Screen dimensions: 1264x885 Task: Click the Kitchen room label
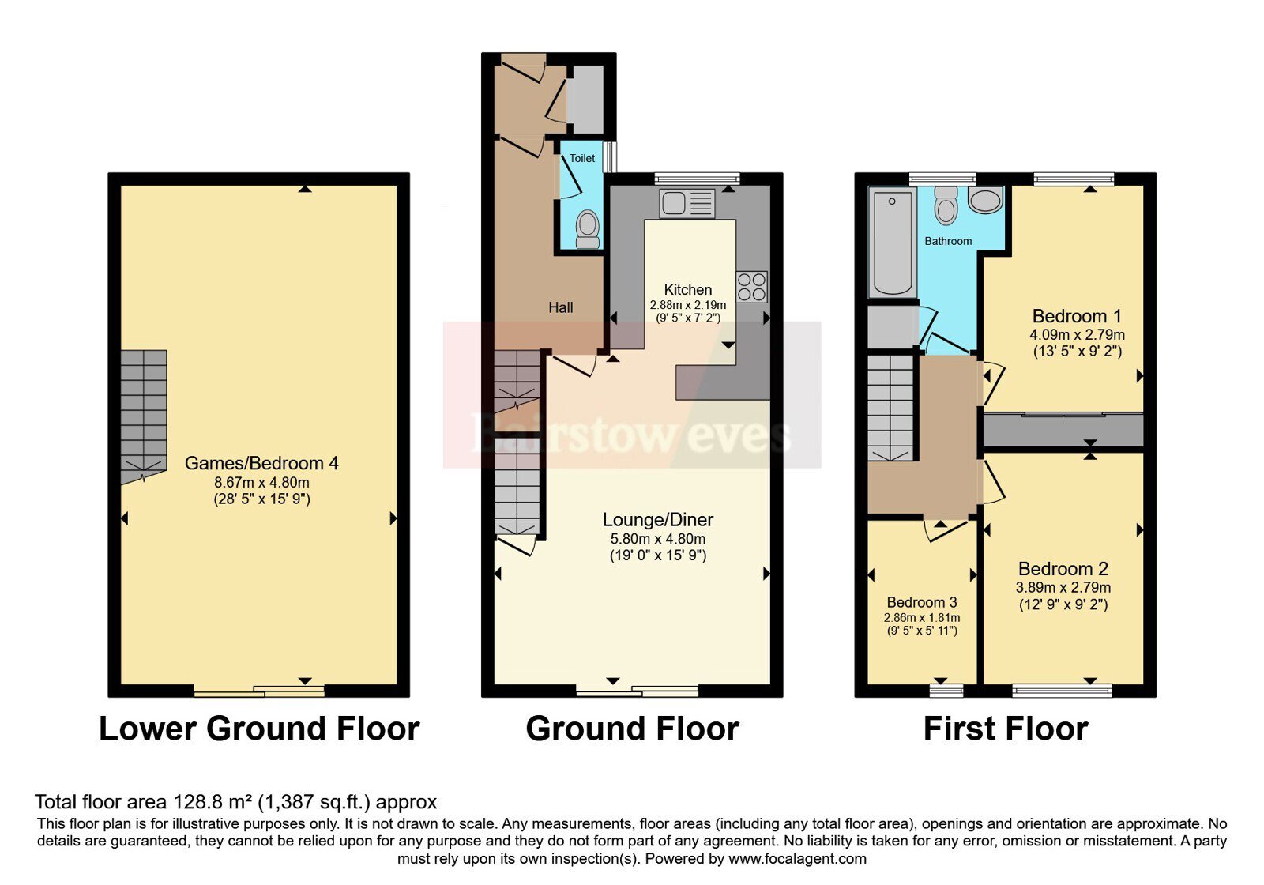point(687,289)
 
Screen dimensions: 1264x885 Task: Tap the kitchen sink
point(687,203)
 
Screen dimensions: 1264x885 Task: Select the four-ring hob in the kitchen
point(751,288)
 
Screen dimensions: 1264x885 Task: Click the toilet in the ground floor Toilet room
point(588,229)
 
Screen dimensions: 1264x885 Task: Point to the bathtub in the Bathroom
point(892,243)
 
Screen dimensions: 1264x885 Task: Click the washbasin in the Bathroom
point(985,201)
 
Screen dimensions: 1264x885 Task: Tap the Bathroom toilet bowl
point(946,205)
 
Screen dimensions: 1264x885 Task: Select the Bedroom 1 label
point(1077,315)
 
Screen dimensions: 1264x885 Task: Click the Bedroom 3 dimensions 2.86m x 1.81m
point(921,617)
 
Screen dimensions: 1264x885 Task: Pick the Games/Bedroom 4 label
point(261,463)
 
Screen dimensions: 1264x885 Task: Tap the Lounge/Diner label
point(658,519)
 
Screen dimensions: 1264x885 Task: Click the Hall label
point(560,307)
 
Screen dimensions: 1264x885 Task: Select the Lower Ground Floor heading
point(259,729)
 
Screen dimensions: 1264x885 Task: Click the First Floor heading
point(1006,729)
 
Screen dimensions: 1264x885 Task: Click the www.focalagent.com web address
point(797,858)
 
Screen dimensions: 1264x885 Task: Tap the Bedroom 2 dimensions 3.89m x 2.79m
point(1063,588)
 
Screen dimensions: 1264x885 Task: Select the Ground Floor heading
point(632,729)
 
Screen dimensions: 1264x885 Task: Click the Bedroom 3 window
point(946,691)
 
